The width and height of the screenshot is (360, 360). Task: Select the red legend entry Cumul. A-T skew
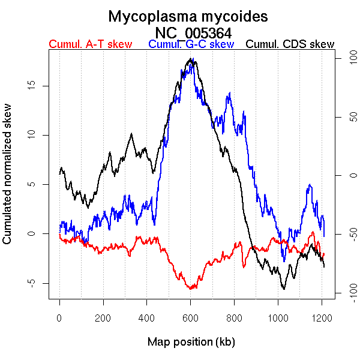[x=90, y=44]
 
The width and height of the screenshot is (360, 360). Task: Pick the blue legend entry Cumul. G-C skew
[x=191, y=44]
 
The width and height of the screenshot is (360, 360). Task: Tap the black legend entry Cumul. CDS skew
[x=290, y=44]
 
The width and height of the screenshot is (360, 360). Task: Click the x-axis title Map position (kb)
[x=191, y=342]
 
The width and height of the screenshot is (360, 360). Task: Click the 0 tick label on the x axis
[x=59, y=318]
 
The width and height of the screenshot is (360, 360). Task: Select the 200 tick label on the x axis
[x=103, y=318]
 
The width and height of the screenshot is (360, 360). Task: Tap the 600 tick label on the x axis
[x=190, y=318]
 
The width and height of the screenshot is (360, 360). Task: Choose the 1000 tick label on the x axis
[x=278, y=318]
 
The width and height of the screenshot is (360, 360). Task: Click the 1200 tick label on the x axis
[x=321, y=318]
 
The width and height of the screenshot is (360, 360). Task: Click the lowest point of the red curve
[x=191, y=289]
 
